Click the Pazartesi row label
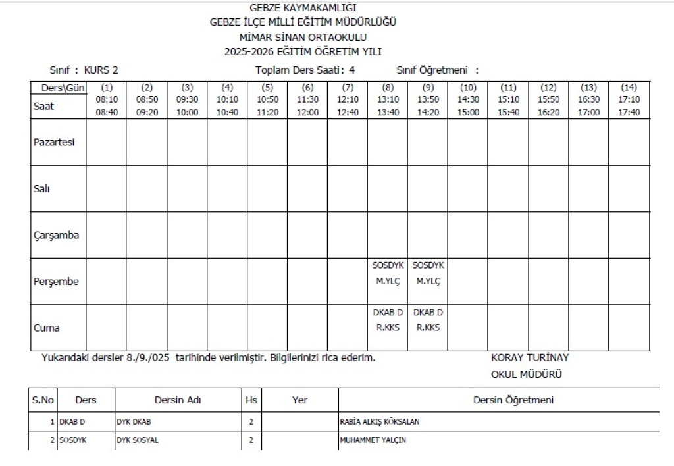[53, 142]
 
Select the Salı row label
[42, 188]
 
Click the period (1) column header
[107, 87]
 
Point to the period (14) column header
[629, 87]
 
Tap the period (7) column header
[348, 87]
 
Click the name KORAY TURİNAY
[530, 358]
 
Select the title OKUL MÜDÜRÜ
[527, 375]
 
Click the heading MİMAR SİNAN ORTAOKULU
[303, 38]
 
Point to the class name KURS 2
[97, 70]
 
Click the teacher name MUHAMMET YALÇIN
[368, 440]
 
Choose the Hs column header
[251, 400]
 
